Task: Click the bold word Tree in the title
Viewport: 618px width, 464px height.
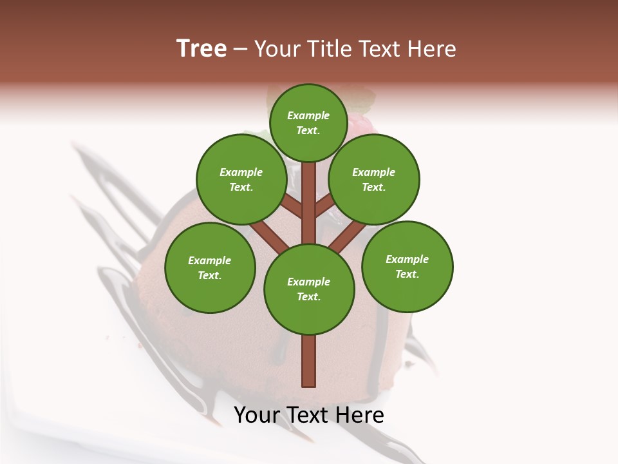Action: pyautogui.click(x=201, y=49)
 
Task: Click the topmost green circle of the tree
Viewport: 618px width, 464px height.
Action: pyautogui.click(x=309, y=122)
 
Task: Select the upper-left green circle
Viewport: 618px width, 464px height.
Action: pyautogui.click(x=241, y=179)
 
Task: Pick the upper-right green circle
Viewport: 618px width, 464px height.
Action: pyautogui.click(x=374, y=179)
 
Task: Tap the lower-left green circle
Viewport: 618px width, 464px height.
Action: pyautogui.click(x=210, y=267)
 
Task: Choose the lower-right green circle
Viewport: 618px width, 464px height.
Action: pyautogui.click(x=407, y=266)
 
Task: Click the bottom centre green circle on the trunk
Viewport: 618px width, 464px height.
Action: pyautogui.click(x=309, y=289)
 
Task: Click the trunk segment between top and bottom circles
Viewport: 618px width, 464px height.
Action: pyautogui.click(x=309, y=203)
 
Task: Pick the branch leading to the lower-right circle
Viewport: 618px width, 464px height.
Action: pyautogui.click(x=348, y=237)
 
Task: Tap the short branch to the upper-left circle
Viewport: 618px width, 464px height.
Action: pyautogui.click(x=292, y=206)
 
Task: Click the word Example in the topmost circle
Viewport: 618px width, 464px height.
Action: pyautogui.click(x=308, y=115)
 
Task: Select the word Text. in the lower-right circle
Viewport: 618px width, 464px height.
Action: pyautogui.click(x=407, y=274)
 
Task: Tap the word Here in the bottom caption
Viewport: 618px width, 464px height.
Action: pyautogui.click(x=360, y=415)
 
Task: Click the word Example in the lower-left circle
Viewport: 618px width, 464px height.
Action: pyautogui.click(x=209, y=260)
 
